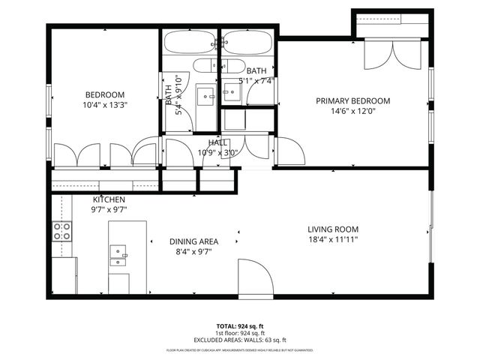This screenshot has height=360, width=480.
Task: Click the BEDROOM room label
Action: point(104,94)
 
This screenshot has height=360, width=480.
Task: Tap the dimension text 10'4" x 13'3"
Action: point(104,105)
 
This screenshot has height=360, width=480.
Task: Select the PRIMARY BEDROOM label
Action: point(352,100)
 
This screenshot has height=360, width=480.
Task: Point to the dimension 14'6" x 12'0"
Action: point(352,112)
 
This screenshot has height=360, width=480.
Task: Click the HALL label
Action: point(217,142)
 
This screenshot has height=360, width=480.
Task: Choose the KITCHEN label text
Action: point(109,199)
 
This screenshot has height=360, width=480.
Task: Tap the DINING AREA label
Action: point(193,241)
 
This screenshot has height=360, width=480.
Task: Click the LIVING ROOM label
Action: point(333,229)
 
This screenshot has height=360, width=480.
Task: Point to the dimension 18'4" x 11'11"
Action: point(333,240)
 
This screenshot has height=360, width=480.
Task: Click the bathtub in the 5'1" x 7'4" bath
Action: point(247,41)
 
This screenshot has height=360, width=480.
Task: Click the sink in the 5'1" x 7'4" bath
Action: point(231,94)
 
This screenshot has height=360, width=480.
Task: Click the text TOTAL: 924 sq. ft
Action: point(239,326)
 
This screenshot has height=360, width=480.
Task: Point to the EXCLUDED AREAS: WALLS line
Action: point(239,340)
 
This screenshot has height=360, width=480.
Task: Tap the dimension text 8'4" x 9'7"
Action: point(193,253)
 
